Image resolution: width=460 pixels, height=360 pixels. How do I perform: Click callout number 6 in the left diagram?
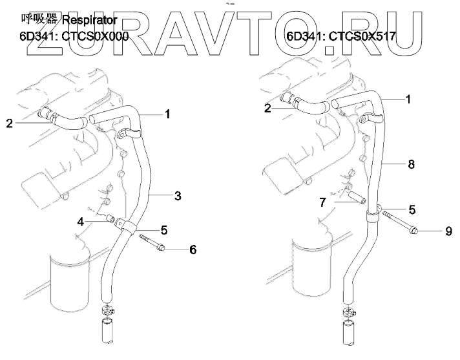click(x=193, y=249)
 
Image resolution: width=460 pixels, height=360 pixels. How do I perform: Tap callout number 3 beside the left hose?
click(x=178, y=195)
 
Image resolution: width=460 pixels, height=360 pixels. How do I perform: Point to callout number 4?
click(x=81, y=222)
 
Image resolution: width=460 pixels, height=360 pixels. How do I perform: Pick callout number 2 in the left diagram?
click(x=9, y=122)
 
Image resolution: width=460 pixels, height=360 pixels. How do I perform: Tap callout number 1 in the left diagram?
click(x=167, y=114)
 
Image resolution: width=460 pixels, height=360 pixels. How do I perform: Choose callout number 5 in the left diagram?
click(x=164, y=229)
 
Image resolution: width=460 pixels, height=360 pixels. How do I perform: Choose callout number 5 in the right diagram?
click(x=412, y=209)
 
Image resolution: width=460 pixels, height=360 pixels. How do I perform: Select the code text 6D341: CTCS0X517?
click(x=340, y=37)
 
